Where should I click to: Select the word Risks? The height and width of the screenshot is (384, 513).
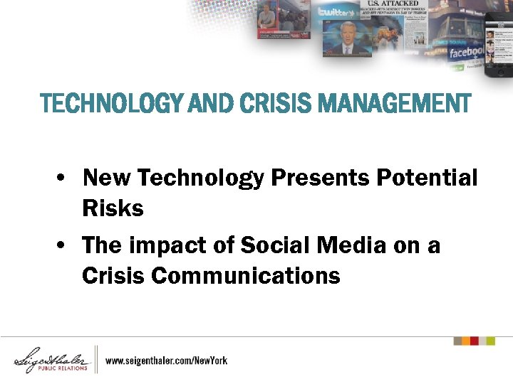click(x=113, y=208)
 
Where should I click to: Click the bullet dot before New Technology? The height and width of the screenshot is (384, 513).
click(x=63, y=178)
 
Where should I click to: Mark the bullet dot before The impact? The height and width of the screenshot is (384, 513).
click(x=63, y=246)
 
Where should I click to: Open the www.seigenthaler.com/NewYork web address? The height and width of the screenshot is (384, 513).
click(x=166, y=361)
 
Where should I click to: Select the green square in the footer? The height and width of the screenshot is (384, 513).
click(x=490, y=341)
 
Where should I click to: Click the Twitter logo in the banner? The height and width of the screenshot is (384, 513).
click(x=336, y=12)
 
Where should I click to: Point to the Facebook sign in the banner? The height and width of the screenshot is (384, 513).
click(x=467, y=53)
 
